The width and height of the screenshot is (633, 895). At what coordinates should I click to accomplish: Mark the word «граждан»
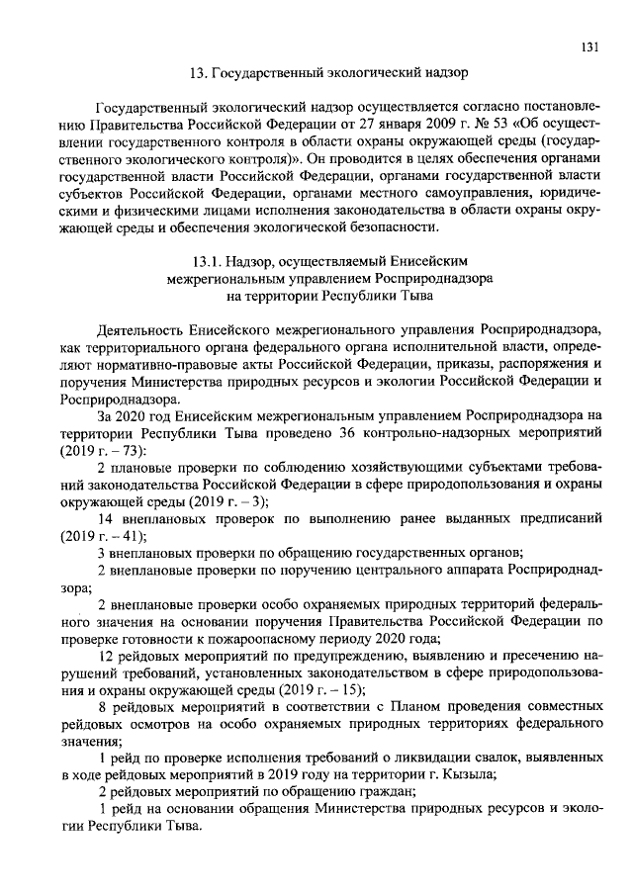coord(386,792)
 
